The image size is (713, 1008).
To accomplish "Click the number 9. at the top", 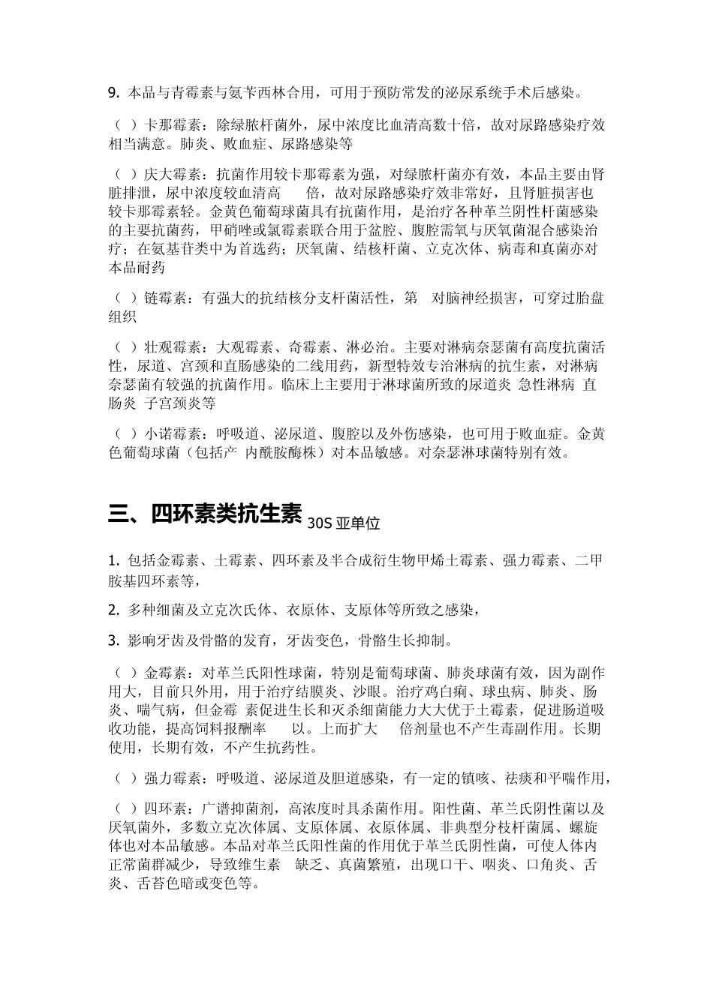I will point(114,94).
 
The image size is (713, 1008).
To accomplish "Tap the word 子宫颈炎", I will point(187,403).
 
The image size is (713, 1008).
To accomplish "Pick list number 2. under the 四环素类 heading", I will point(114,610).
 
